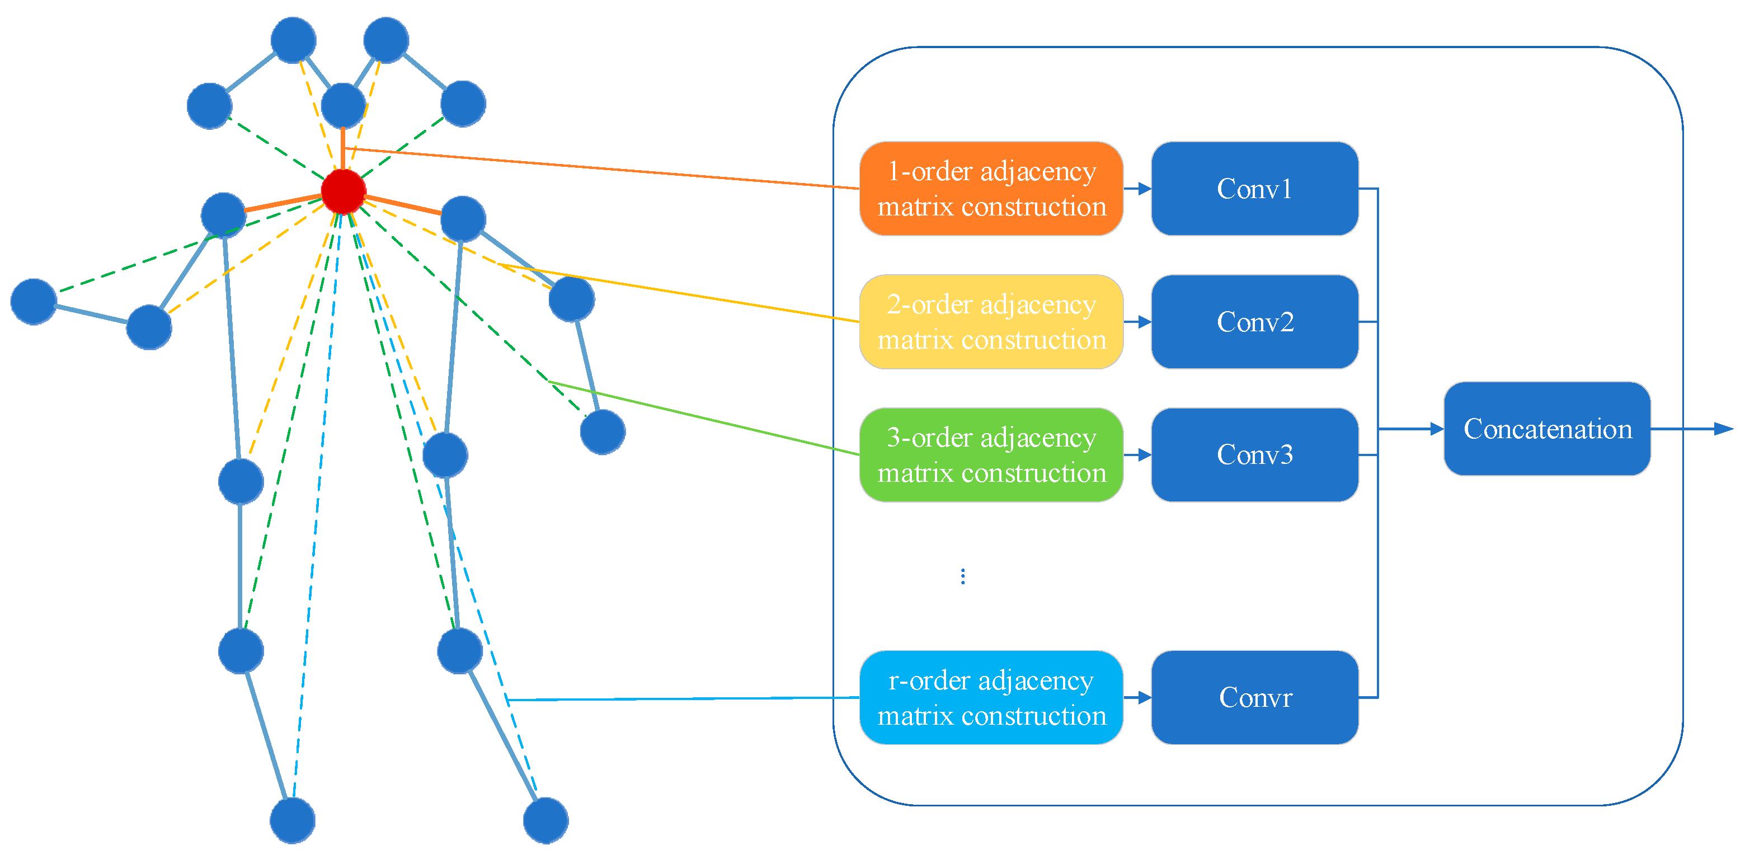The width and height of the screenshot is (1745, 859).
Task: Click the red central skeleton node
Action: click(x=344, y=192)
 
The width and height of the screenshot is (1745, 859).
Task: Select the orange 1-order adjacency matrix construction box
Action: click(x=990, y=189)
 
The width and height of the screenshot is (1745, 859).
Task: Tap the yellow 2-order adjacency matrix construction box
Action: click(x=990, y=322)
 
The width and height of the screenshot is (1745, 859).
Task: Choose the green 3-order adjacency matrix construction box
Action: click(x=990, y=454)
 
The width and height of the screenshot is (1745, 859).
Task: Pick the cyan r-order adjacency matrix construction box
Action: click(x=990, y=697)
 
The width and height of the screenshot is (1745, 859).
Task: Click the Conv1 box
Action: click(x=1254, y=189)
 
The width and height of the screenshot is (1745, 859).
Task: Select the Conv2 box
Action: click(x=1254, y=322)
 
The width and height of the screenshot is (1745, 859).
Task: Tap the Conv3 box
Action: click(x=1254, y=454)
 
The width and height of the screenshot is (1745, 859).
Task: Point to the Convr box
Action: click(x=1254, y=697)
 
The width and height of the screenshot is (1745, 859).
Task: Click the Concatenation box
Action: click(x=1546, y=429)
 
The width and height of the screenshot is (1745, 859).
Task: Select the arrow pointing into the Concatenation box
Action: click(x=1413, y=429)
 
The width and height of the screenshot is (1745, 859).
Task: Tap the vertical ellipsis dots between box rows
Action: click(x=963, y=576)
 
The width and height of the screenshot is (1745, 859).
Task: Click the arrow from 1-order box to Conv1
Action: click(x=1137, y=189)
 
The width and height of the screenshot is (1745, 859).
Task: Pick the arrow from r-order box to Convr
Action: click(x=1137, y=697)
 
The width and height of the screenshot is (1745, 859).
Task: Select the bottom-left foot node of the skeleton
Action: click(x=293, y=820)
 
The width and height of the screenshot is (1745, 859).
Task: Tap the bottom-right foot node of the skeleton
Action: click(x=545, y=820)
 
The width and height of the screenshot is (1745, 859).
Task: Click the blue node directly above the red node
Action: click(x=344, y=106)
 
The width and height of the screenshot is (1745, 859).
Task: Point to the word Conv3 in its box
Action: click(x=1254, y=454)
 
